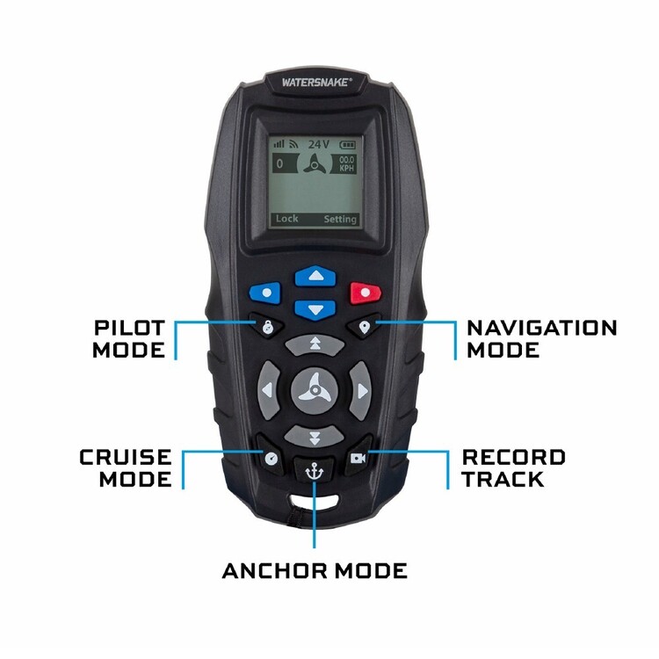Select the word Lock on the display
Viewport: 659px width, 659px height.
286,219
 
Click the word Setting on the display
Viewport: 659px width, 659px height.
340,219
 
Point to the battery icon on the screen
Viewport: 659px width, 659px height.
348,143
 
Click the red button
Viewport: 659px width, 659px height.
364,292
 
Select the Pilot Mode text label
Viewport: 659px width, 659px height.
129,339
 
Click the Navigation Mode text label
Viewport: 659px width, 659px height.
541,339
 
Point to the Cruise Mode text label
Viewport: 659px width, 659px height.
126,468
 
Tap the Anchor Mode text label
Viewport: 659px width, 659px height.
315,571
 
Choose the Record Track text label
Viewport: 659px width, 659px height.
514,468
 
